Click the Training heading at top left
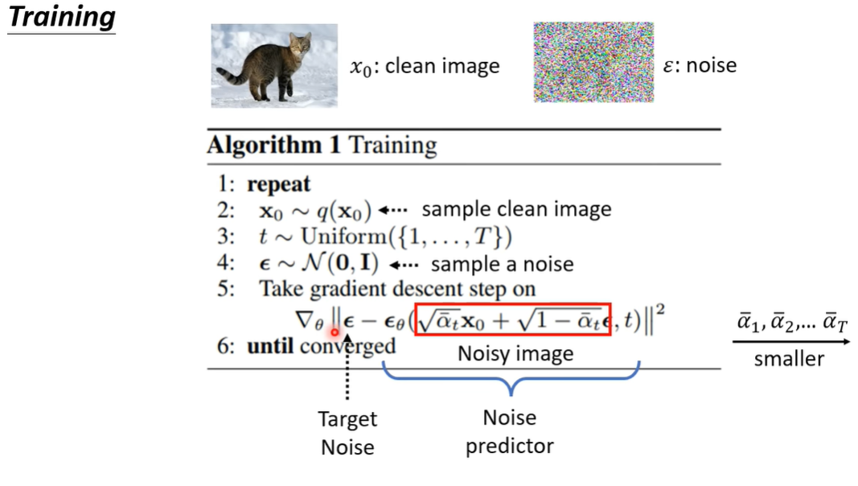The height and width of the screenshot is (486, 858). point(62,18)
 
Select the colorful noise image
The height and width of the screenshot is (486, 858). point(593,62)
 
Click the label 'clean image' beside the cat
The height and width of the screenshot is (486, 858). point(442,66)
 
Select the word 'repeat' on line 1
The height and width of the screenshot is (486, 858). point(278,183)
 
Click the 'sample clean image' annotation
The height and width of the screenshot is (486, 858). point(516,209)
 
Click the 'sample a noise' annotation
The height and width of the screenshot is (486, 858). point(503,264)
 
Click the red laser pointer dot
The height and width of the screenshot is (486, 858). point(335,332)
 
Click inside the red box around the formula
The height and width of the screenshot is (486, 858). point(512,320)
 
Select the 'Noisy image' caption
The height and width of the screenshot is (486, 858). point(515,353)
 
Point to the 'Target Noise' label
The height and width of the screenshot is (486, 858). point(347,433)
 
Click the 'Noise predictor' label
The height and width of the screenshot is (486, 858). point(510,431)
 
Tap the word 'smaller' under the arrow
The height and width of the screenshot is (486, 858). point(789,359)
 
